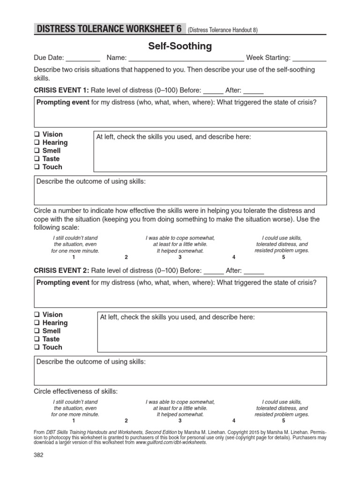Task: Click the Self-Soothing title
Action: (x=180, y=46)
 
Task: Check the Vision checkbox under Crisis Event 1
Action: (x=36, y=135)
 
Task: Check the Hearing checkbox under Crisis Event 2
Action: (x=36, y=323)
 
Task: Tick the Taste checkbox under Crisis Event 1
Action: (x=36, y=159)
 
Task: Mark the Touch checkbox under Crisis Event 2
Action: (x=36, y=347)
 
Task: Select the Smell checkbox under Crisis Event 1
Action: (x=36, y=151)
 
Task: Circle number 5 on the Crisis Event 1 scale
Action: (x=284, y=257)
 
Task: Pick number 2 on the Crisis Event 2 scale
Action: (x=126, y=421)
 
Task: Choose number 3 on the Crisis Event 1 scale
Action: (x=180, y=257)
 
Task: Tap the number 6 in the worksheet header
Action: (x=179, y=29)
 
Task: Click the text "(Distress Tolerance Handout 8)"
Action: (x=223, y=30)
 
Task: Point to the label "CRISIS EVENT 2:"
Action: (x=61, y=270)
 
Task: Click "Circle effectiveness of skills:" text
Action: (x=76, y=391)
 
